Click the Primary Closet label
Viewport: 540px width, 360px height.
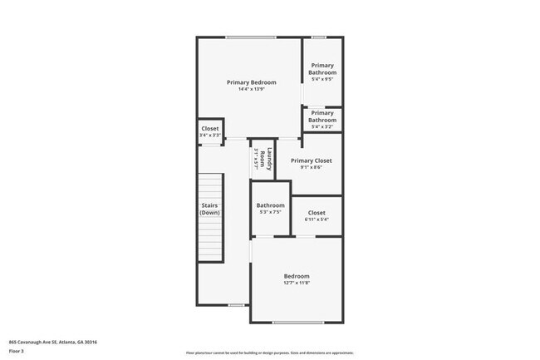click(x=312, y=160)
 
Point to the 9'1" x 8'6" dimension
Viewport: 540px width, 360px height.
click(x=312, y=167)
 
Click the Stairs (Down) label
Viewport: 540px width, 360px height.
click(x=209, y=209)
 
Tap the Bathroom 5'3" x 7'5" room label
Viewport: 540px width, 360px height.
click(x=270, y=205)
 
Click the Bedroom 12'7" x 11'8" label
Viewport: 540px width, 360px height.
click(x=297, y=276)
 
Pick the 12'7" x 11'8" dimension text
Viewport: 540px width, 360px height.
click(x=297, y=283)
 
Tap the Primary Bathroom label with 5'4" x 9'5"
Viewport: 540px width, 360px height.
click(x=322, y=69)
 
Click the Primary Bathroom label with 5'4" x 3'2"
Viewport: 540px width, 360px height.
click(x=322, y=116)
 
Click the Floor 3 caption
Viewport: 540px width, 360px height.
click(x=17, y=351)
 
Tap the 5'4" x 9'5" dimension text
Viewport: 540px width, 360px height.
click(x=322, y=81)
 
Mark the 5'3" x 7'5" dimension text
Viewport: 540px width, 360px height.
click(x=270, y=212)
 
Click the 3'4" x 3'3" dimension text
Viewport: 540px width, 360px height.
click(x=210, y=136)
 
